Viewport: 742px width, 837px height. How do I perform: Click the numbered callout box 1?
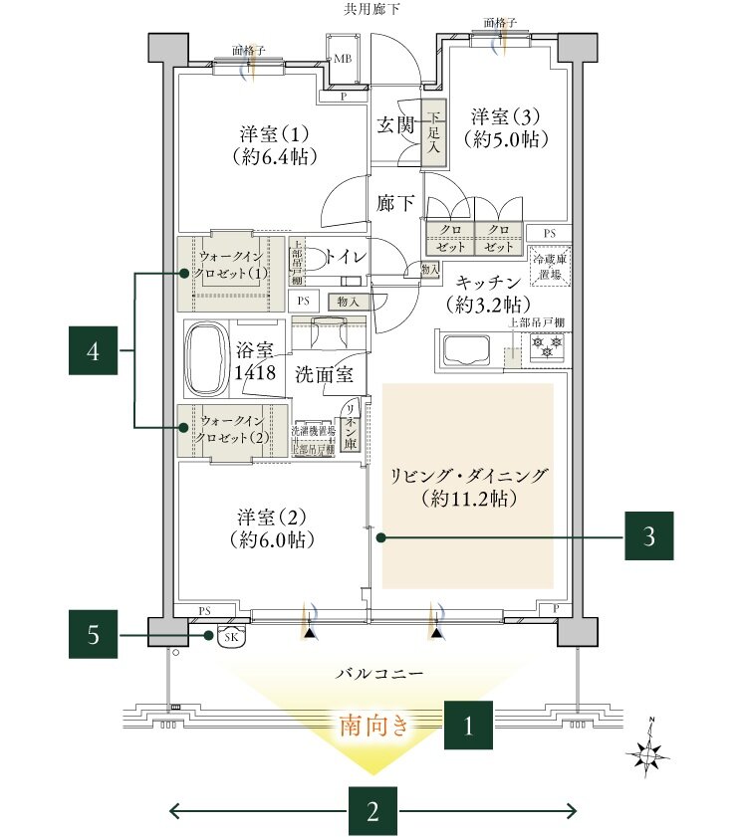469,727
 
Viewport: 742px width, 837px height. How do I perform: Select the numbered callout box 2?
372,810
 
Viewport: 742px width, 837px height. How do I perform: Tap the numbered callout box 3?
649,538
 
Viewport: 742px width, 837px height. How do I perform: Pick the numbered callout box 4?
93,350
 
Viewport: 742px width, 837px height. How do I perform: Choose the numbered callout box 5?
93,634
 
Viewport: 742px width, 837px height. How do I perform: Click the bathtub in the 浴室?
206,359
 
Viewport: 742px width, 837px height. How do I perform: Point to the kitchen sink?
464,351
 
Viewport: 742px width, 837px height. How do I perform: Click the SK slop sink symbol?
230,636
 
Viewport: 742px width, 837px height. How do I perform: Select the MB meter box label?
342,59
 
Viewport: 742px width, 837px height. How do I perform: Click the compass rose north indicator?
649,754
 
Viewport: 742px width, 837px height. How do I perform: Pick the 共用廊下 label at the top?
371,10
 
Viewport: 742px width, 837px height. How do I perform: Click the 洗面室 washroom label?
324,374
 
